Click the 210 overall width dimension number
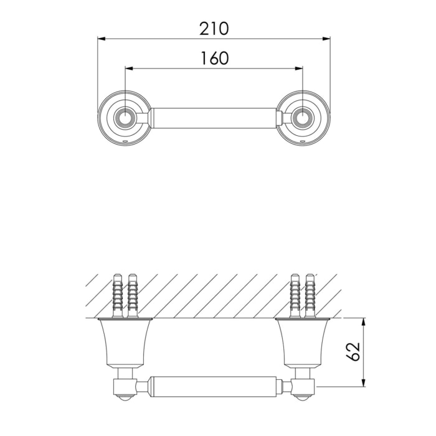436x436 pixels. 214,28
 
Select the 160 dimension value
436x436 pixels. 214,58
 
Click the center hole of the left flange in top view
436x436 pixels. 125,118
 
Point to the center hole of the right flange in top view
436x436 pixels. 303,118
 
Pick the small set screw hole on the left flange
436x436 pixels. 125,142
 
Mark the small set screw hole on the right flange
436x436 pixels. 303,142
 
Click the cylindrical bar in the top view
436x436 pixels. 214,117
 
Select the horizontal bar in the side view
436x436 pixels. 214,386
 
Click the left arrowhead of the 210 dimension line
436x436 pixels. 101,39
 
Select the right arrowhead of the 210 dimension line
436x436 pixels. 327,39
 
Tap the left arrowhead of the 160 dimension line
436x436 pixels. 128,69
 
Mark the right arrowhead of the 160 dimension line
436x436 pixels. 300,69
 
